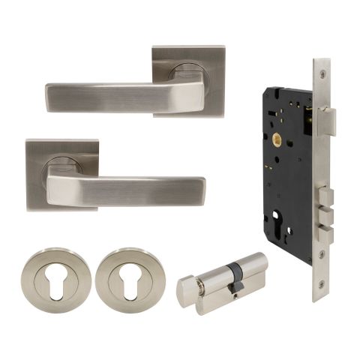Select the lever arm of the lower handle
135,190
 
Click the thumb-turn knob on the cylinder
191,291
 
